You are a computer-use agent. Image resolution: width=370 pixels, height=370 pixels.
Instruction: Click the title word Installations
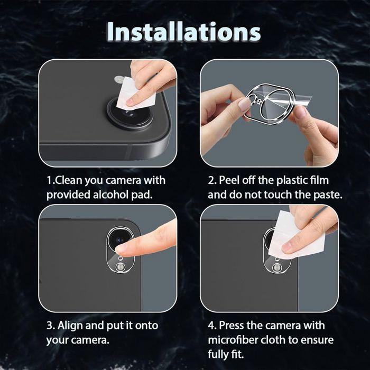click(184, 31)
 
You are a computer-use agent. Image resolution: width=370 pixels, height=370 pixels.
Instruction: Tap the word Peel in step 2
click(230, 180)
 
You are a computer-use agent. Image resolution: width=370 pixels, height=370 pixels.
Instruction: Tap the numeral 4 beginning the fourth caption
click(211, 325)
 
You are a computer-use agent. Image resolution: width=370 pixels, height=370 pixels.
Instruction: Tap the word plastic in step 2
click(298, 180)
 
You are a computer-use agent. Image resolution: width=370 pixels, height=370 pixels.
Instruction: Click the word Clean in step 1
click(68, 180)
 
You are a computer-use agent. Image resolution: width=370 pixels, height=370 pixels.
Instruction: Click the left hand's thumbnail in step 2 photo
click(244, 105)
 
